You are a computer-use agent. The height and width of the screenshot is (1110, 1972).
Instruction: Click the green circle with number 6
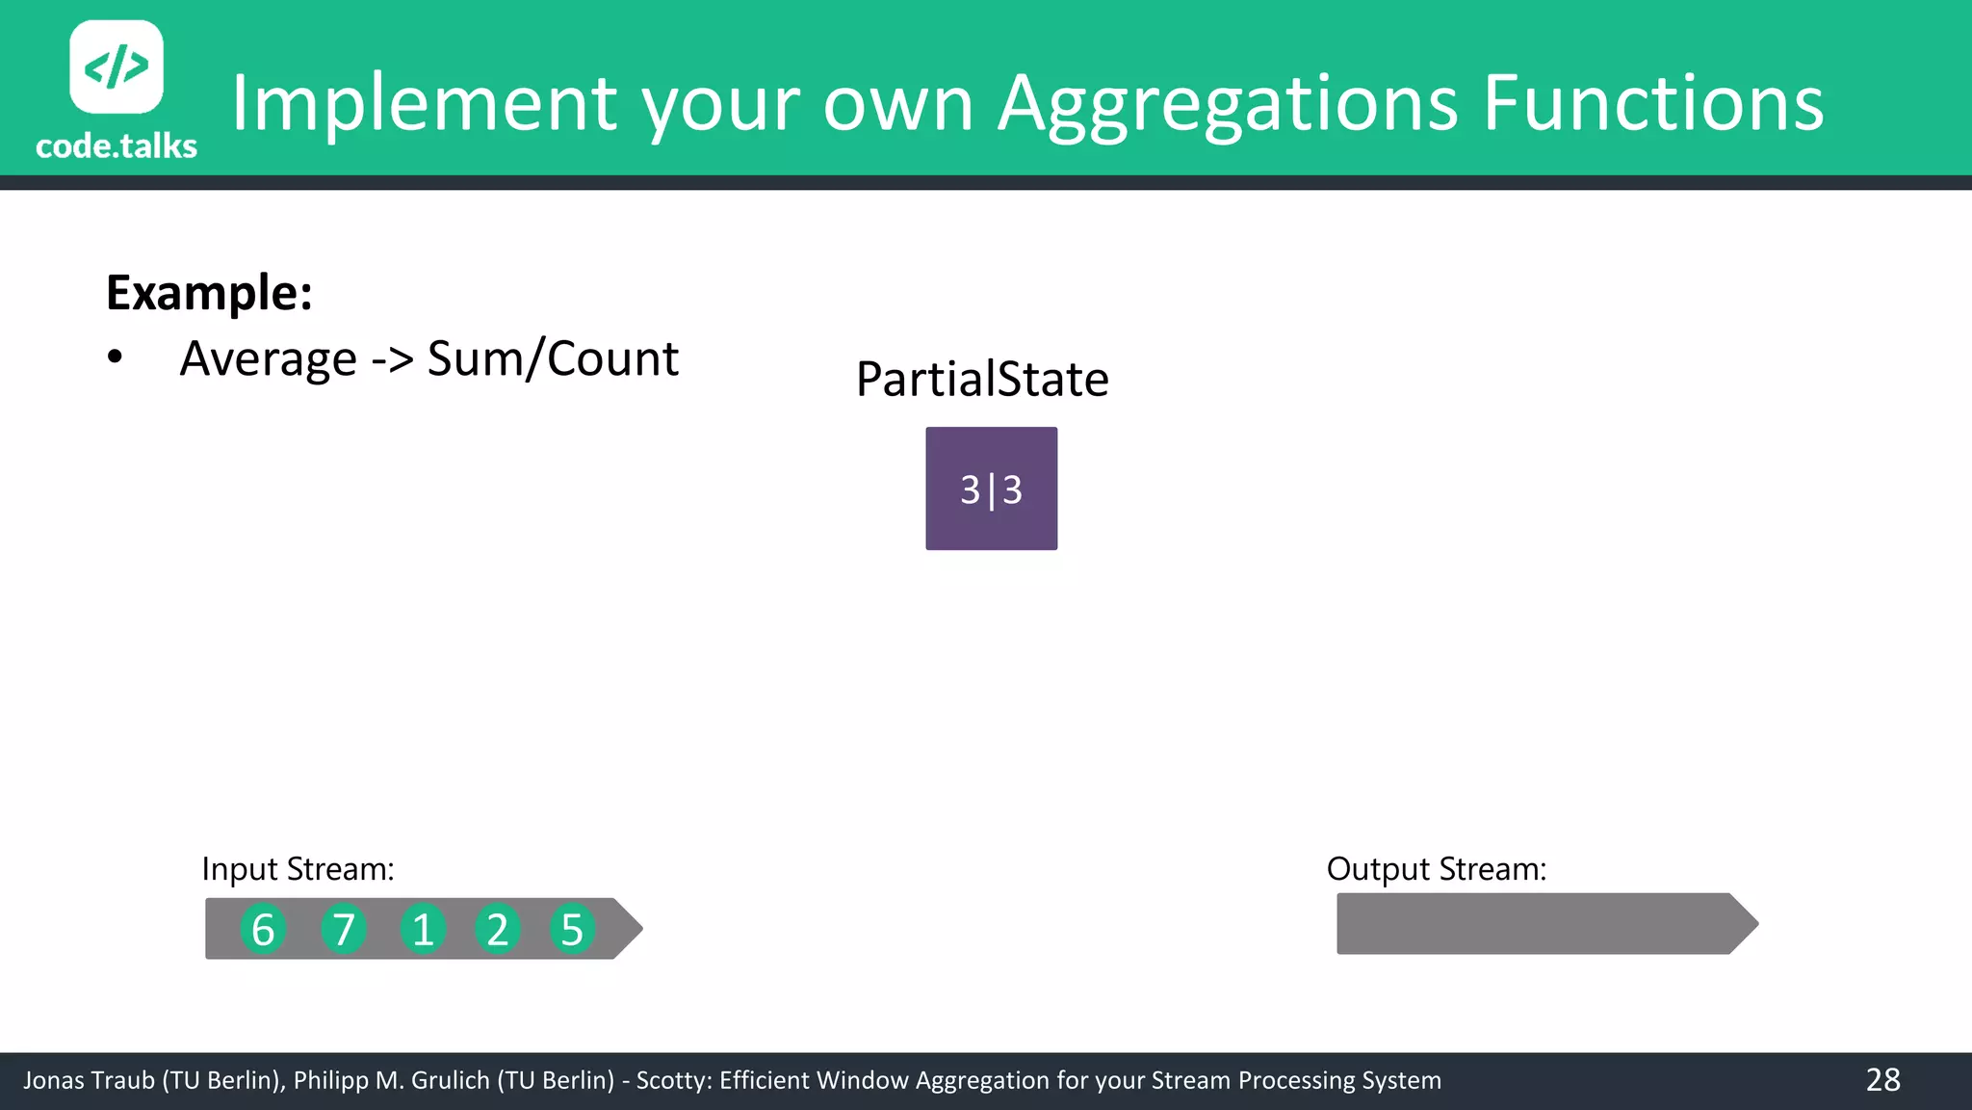[x=263, y=930]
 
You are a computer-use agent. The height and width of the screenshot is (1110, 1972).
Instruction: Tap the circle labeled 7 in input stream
[x=344, y=930]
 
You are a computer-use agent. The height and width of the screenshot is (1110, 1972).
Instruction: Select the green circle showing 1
[x=422, y=930]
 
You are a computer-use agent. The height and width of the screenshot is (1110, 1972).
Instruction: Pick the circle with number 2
[x=497, y=930]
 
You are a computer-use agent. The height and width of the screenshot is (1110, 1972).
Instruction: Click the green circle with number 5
[x=572, y=930]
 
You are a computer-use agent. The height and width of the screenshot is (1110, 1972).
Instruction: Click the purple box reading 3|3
[x=991, y=489]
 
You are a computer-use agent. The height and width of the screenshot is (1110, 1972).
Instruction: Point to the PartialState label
[x=982, y=379]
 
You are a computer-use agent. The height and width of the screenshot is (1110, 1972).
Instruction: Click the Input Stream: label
[x=298, y=869]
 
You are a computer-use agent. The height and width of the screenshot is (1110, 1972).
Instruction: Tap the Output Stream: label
[x=1436, y=869]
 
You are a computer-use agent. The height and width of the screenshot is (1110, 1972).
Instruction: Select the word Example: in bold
[x=209, y=292]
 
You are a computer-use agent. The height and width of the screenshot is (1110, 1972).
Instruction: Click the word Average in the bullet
[x=269, y=359]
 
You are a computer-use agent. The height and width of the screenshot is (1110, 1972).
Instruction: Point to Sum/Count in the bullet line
[x=553, y=359]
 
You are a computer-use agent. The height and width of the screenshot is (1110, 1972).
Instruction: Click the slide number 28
[x=1882, y=1080]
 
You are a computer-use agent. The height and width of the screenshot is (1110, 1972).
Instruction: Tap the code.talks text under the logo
[x=117, y=146]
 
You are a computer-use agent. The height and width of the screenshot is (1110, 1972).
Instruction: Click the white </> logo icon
[x=117, y=66]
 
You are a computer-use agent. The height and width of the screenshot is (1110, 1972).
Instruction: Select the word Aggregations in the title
[x=1228, y=104]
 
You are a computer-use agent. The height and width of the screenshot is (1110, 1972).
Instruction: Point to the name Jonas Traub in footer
[x=89, y=1080]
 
